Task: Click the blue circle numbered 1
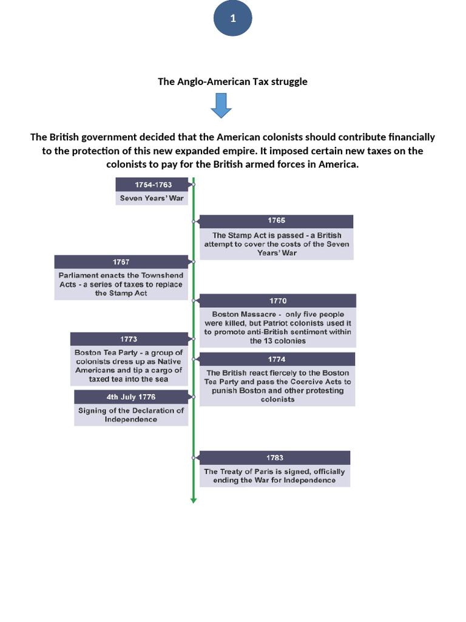[x=232, y=19]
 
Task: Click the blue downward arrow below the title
[x=221, y=106]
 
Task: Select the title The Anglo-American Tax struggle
[x=232, y=81]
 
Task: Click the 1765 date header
[x=276, y=221]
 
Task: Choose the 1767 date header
[x=121, y=262]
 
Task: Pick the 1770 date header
[x=277, y=301]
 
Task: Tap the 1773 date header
[x=129, y=339]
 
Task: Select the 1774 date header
[x=276, y=359]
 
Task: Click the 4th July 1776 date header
[x=131, y=397]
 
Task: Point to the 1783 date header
[x=274, y=457]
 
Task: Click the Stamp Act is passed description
[x=276, y=244]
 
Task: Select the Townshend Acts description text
[x=121, y=284]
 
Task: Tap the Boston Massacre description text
[x=277, y=327]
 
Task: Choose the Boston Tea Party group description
[x=129, y=366]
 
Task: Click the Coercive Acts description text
[x=277, y=386]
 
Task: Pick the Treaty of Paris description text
[x=274, y=476]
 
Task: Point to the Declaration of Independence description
[x=131, y=415]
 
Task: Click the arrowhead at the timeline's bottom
[x=194, y=500]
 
